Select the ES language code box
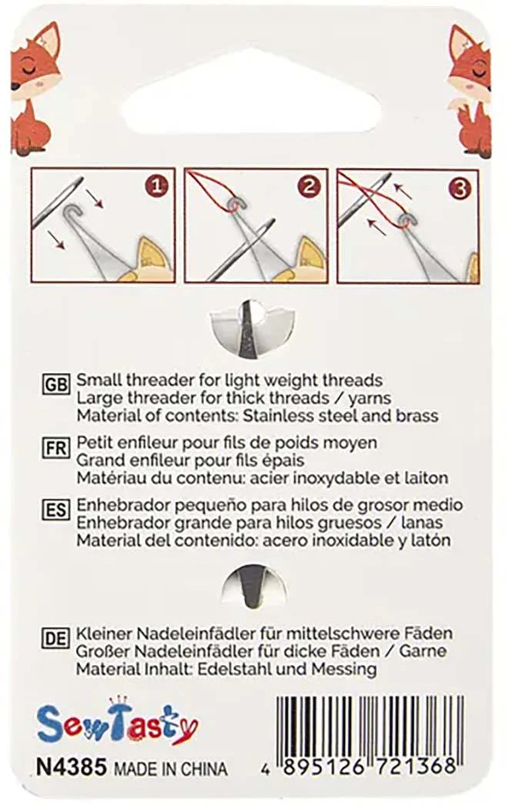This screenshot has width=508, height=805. (56, 509)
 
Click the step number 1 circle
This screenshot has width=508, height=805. (157, 187)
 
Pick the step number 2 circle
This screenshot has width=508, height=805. (309, 187)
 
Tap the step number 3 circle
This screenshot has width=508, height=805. (460, 188)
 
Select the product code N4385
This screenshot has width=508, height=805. (71, 768)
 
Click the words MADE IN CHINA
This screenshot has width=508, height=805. (171, 769)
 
